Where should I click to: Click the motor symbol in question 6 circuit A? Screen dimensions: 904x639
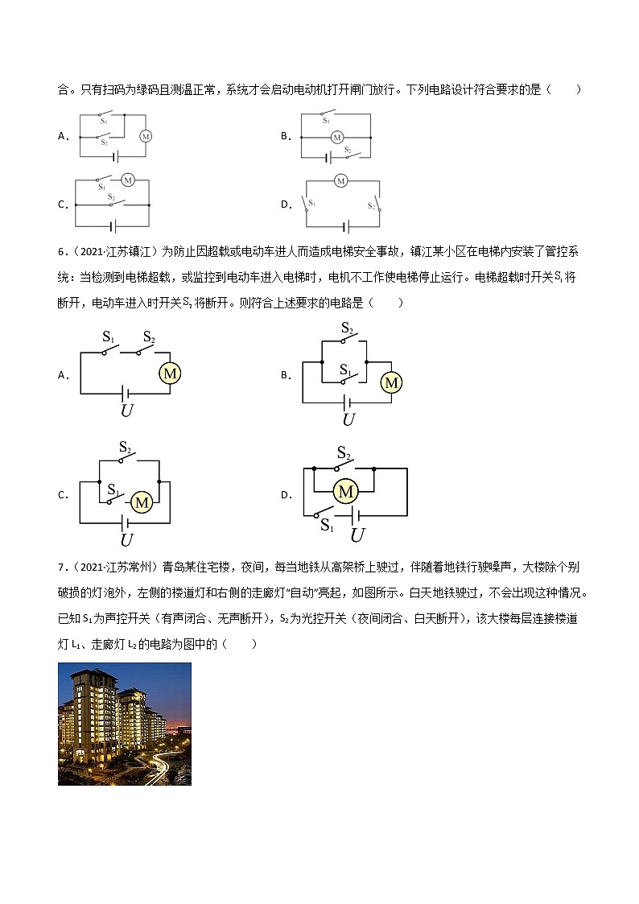coord(169,374)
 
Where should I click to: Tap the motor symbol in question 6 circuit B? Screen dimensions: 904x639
coord(392,383)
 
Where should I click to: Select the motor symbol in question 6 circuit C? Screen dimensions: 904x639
coord(142,502)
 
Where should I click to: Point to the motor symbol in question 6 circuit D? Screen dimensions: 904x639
coord(346,491)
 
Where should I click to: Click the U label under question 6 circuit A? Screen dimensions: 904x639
coord(126,411)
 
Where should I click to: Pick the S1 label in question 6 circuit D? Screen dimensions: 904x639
coord(327,525)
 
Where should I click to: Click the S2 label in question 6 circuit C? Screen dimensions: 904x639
coord(126,446)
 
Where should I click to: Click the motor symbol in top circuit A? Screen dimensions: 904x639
coord(146,136)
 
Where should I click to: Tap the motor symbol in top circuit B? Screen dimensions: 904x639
coord(337,137)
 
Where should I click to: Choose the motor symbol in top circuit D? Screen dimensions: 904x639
coord(340,180)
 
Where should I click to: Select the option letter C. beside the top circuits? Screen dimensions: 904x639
coord(62,204)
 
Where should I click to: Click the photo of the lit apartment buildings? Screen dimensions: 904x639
coord(125,724)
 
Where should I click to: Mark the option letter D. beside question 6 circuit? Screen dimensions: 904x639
coord(286,494)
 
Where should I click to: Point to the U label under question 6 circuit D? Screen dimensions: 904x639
coord(358,535)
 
